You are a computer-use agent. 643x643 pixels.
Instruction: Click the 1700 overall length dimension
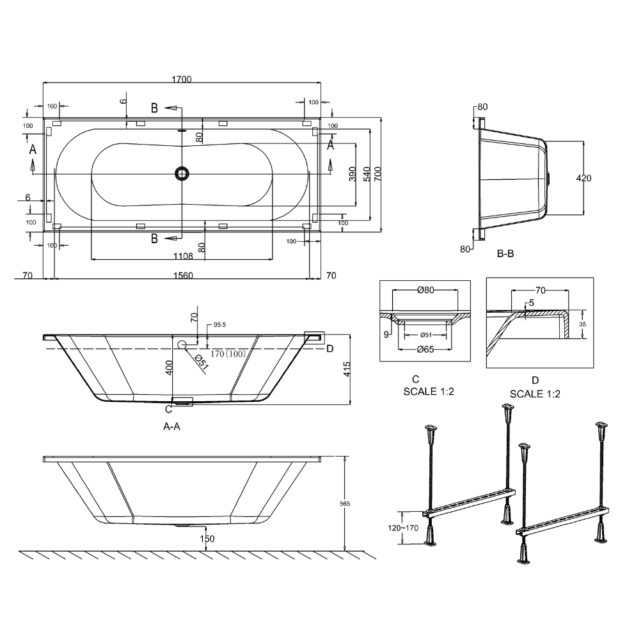(x=182, y=79)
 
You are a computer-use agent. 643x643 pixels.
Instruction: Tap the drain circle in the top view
(x=182, y=173)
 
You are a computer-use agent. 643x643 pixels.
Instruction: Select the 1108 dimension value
(x=183, y=257)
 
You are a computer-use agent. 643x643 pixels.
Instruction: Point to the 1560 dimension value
(x=183, y=275)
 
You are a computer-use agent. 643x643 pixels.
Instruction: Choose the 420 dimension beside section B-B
(x=583, y=178)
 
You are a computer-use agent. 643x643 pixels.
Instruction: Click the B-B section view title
(x=505, y=253)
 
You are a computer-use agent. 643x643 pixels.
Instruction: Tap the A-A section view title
(x=172, y=427)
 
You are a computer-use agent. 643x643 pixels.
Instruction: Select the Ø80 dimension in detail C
(x=425, y=290)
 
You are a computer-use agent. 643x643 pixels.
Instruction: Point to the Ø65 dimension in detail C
(x=425, y=349)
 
